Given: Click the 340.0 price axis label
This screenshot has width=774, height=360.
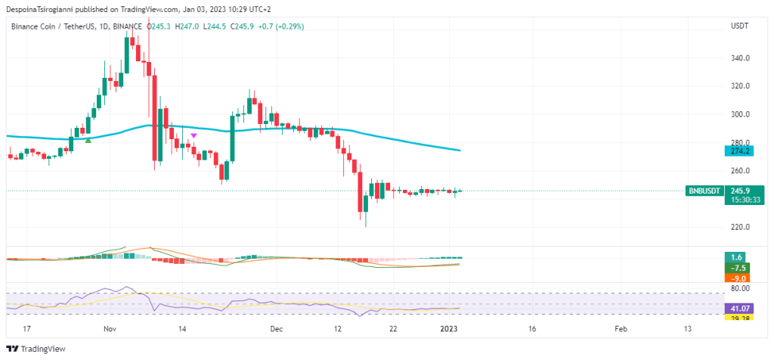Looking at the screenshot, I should pyautogui.click(x=740, y=58).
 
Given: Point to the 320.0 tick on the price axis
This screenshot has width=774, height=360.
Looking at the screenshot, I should pyautogui.click(x=740, y=86).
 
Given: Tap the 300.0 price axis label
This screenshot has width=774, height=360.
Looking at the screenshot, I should pyautogui.click(x=740, y=114).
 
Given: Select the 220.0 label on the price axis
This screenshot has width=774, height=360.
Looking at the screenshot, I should pyautogui.click(x=740, y=227).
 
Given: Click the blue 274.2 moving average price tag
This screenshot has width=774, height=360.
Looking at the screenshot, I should pyautogui.click(x=735, y=151).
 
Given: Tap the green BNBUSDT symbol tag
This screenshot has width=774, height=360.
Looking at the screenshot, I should pyautogui.click(x=703, y=191).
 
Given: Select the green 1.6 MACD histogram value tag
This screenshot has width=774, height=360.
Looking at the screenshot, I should pyautogui.click(x=735, y=256).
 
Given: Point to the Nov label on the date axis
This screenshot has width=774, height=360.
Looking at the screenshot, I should pyautogui.click(x=111, y=329).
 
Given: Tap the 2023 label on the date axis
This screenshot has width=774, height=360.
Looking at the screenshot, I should pyautogui.click(x=450, y=329).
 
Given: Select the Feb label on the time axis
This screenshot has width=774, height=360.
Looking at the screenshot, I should pyautogui.click(x=621, y=329).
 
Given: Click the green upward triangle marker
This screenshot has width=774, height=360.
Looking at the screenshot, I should pyautogui.click(x=88, y=140).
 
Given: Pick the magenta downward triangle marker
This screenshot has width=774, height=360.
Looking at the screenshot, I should pyautogui.click(x=194, y=135).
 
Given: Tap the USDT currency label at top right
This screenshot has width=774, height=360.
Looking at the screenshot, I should pyautogui.click(x=738, y=26).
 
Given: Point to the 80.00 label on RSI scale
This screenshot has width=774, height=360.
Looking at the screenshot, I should pyautogui.click(x=739, y=288).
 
